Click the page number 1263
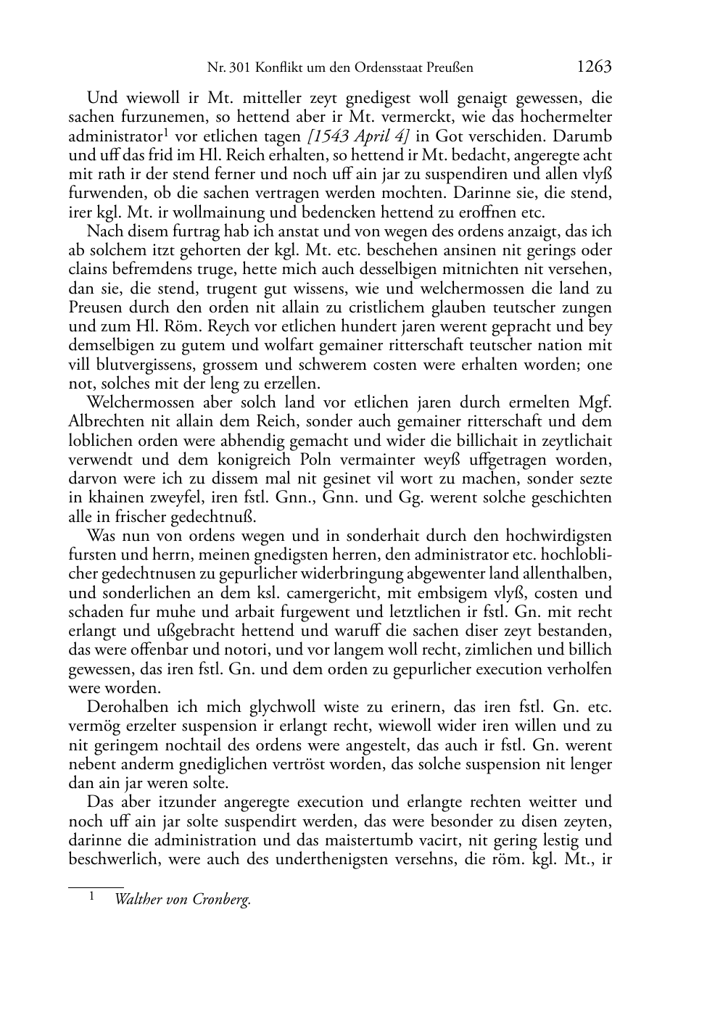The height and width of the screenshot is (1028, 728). coord(595,67)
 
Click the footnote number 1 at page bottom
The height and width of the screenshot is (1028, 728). coord(92,898)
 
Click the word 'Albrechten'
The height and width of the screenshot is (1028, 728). coord(103,422)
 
